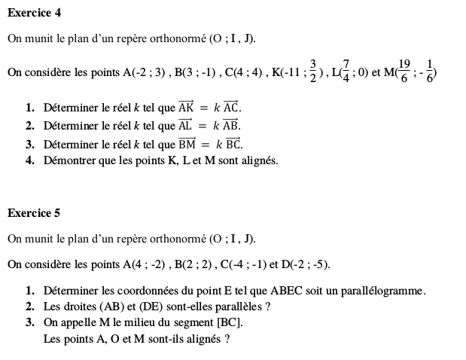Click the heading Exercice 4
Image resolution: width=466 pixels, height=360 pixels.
pos(34,13)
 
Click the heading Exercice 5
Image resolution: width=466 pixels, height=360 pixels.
pos(34,213)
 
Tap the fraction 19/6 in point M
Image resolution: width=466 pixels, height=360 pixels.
pos(404,72)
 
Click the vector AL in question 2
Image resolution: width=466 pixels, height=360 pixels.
pos(185,125)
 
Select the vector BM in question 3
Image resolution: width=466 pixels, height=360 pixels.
pos(187,143)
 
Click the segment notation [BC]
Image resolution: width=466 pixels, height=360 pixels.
pos(228,323)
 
